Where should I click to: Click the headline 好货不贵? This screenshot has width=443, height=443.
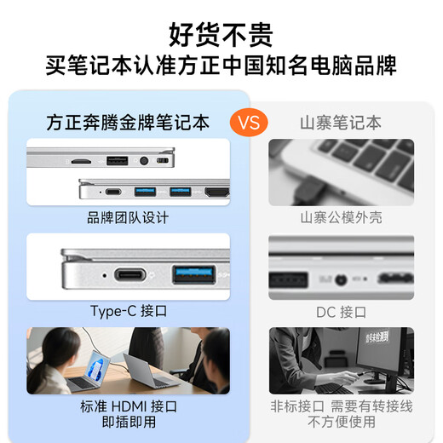(x=221, y=35)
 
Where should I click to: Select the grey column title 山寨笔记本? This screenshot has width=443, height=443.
(x=341, y=123)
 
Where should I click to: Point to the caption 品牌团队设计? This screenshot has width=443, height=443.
(x=128, y=218)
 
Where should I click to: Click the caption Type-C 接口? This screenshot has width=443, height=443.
(x=128, y=311)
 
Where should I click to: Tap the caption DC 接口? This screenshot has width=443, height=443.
(x=341, y=312)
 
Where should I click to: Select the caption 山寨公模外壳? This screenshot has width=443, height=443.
(x=341, y=218)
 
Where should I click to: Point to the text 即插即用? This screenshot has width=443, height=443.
(x=128, y=422)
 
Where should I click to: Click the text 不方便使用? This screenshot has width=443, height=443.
(x=341, y=422)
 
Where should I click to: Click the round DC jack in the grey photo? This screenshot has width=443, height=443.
(x=342, y=278)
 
